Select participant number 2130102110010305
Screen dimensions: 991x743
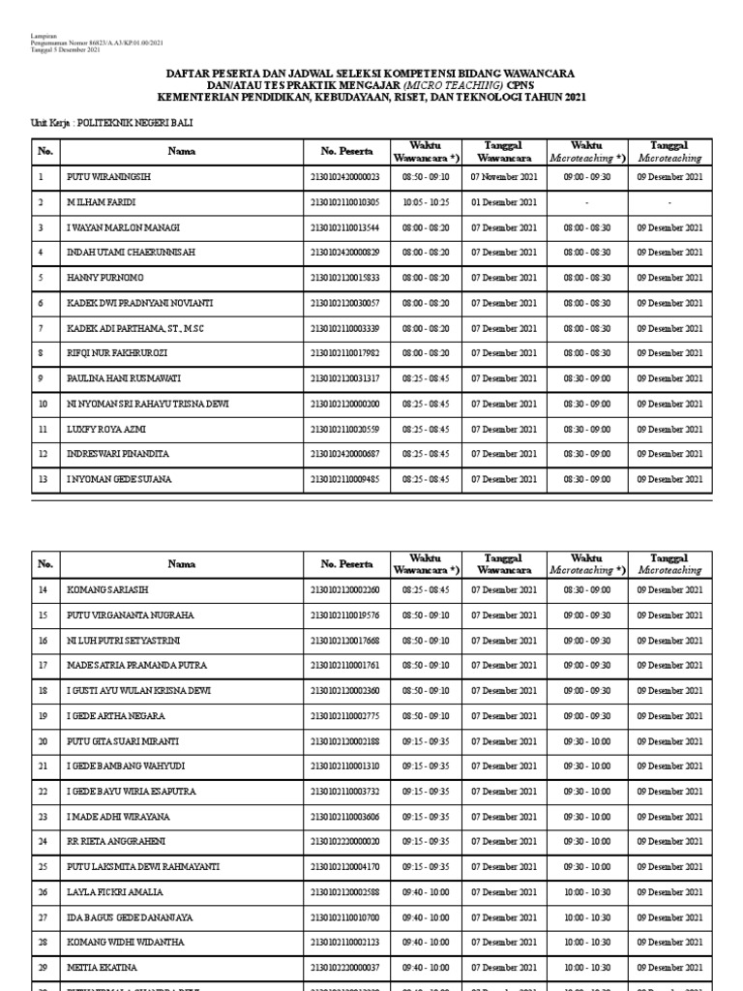point(344,202)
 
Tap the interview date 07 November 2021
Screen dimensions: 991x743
point(503,177)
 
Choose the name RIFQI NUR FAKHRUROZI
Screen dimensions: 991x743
point(119,353)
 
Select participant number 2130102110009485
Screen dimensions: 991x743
point(344,479)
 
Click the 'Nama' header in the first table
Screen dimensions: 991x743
point(181,151)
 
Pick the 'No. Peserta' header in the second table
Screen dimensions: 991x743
point(344,563)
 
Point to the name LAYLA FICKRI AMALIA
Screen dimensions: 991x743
point(114,891)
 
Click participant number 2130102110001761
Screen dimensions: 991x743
point(344,665)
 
